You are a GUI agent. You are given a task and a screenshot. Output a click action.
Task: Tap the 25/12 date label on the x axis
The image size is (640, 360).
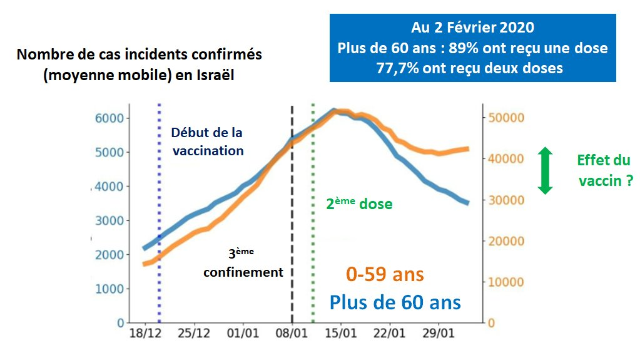pyautogui.click(x=194, y=332)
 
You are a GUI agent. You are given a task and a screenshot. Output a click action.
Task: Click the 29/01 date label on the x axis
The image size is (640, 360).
pyautogui.click(x=438, y=332)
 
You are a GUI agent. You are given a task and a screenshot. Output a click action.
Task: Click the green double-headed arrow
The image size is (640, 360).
pyautogui.click(x=546, y=170)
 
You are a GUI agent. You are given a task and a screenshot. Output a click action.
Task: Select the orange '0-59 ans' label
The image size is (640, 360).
pyautogui.click(x=385, y=274)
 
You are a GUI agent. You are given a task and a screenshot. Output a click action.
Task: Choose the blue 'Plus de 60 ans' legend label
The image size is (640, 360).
pyautogui.click(x=395, y=302)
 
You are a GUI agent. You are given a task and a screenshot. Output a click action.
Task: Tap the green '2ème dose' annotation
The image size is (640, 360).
pyautogui.click(x=359, y=203)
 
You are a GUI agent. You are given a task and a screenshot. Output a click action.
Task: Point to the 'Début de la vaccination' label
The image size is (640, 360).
pyautogui.click(x=207, y=141)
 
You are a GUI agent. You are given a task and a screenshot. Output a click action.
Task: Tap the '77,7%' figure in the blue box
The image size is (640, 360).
pyautogui.click(x=399, y=68)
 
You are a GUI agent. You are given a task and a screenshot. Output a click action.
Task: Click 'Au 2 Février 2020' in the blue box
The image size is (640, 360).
pyautogui.click(x=472, y=28)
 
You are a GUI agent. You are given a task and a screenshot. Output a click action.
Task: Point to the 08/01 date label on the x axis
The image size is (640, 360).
pyautogui.click(x=292, y=332)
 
